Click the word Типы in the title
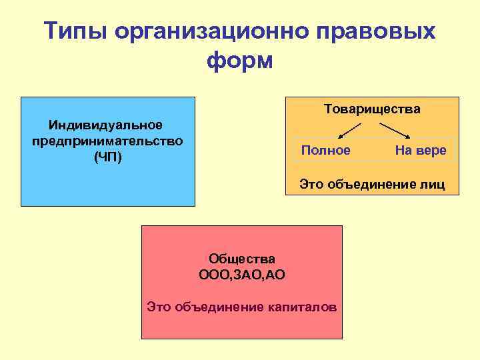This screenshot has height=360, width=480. pos(74,31)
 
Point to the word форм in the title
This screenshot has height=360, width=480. pos(240,61)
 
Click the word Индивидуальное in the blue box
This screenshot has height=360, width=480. pos(106,125)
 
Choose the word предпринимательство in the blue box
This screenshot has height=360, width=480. pos(107,141)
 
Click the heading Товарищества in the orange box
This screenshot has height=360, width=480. pos(372,109)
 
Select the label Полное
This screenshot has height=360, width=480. pos(325,151)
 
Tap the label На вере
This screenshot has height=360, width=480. pos(420,151)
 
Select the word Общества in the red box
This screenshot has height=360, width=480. pos(242,258)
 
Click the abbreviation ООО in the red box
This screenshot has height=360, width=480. pos(213,274)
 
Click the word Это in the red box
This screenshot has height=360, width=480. pos(159,307)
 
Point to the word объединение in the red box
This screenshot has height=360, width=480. pos(219,307)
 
